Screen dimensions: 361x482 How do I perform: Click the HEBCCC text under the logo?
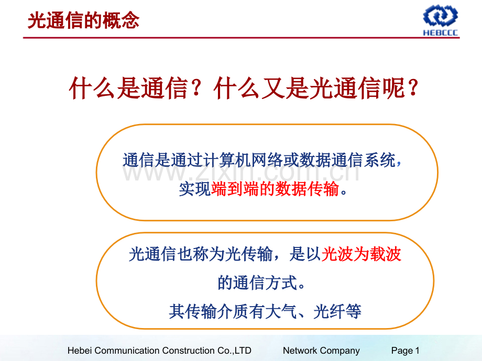[440, 32]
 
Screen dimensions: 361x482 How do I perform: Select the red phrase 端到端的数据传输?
[276, 189]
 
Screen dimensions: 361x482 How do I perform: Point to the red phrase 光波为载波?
[361, 255]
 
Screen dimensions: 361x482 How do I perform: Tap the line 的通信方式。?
[260, 284]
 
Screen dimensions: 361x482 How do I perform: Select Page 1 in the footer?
[405, 351]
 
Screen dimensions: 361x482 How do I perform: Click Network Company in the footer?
[321, 351]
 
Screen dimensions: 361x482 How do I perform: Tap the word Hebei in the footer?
[80, 351]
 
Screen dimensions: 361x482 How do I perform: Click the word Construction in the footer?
[190, 351]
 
